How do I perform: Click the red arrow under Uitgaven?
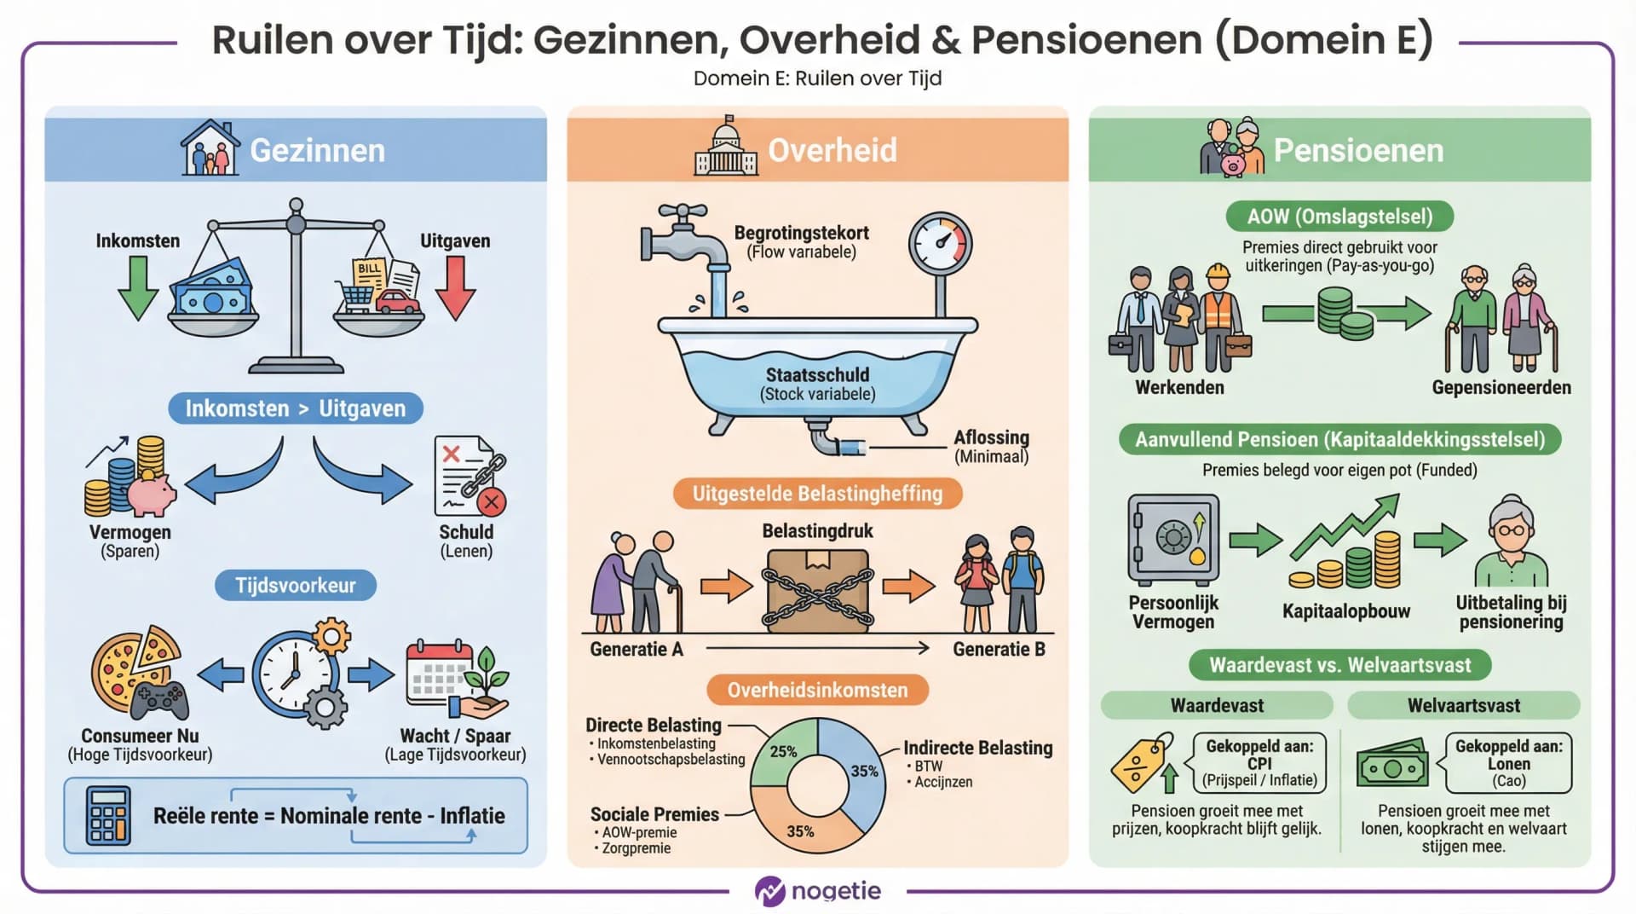456,288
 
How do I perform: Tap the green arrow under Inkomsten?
137,288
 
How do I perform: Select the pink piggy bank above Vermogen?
152,495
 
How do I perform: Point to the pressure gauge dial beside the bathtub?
940,243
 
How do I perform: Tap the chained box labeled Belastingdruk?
817,588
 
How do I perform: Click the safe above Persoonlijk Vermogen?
1173,540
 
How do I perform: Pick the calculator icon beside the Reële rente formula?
108,816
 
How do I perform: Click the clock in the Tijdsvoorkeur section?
294,674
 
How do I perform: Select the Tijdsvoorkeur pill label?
296,586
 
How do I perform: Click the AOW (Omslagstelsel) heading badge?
1339,217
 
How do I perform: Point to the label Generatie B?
999,650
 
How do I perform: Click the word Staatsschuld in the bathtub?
817,375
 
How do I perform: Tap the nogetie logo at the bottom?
818,891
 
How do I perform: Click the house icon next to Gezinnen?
210,148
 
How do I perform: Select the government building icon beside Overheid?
726,148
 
